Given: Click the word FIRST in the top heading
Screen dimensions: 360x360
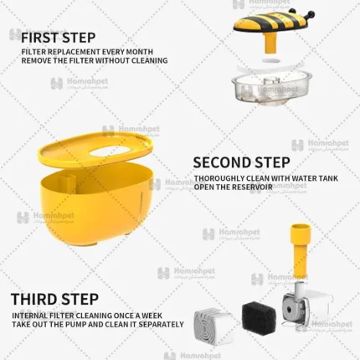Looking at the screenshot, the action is click(39, 38).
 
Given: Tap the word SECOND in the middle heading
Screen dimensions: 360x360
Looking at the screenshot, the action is click(221, 162).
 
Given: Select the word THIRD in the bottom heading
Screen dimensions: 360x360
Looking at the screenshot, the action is click(33, 299).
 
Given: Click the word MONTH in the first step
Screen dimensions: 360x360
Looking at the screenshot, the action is click(140, 52).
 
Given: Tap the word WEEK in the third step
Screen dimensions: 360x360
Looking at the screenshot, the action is click(152, 316).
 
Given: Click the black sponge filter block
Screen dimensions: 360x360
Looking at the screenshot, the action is click(259, 318).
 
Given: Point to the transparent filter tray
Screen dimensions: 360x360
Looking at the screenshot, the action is click(271, 88).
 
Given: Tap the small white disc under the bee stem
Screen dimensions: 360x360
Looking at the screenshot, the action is click(270, 60).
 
